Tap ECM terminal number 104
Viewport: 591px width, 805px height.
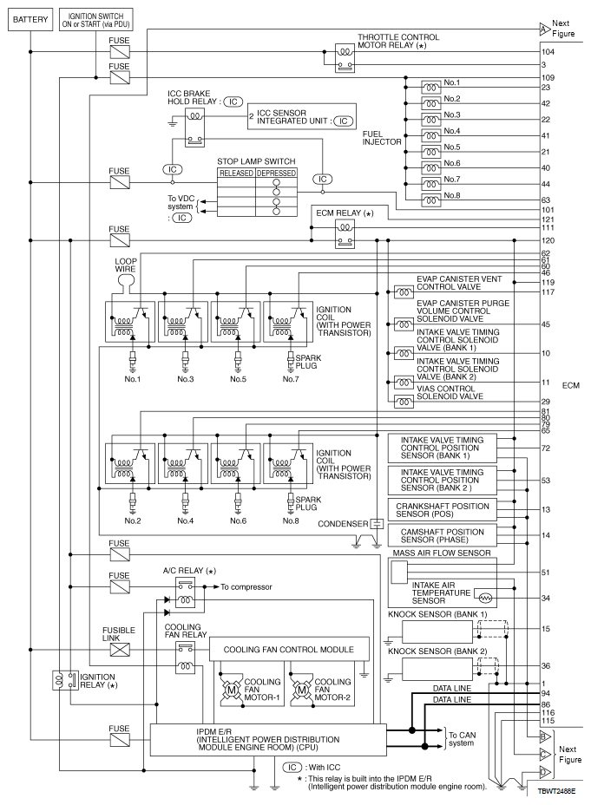[x=547, y=52]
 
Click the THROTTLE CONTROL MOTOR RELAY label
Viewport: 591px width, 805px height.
[x=398, y=42]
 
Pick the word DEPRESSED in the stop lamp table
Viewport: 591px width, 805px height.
[x=277, y=173]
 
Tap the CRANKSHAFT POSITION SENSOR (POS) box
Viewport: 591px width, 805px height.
[x=443, y=510]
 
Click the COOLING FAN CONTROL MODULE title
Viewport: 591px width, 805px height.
[x=276, y=649]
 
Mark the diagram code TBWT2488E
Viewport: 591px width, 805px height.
[x=556, y=792]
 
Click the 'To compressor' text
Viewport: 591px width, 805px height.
[x=247, y=587]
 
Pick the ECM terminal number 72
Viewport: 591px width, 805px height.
[x=546, y=448]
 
